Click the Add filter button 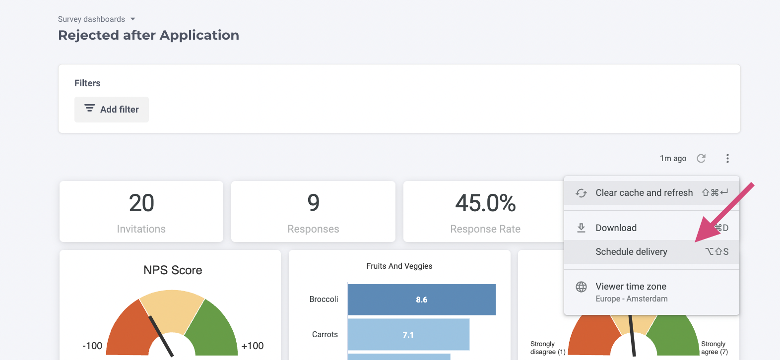pyautogui.click(x=112, y=110)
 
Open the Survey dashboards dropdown pyautogui.click(x=97, y=19)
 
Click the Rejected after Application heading pyautogui.click(x=148, y=35)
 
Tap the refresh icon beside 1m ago pyautogui.click(x=701, y=158)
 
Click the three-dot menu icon pyautogui.click(x=727, y=158)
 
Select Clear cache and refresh pyautogui.click(x=644, y=193)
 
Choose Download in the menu pyautogui.click(x=616, y=228)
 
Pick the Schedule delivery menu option pyautogui.click(x=631, y=252)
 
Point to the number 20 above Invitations pyautogui.click(x=141, y=203)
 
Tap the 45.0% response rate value pyautogui.click(x=485, y=203)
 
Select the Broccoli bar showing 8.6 pyautogui.click(x=421, y=300)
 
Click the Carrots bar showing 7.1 pyautogui.click(x=408, y=335)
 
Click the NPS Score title pyautogui.click(x=173, y=270)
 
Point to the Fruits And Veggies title pyautogui.click(x=399, y=266)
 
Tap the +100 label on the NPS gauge pyautogui.click(x=253, y=346)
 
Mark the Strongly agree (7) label pyautogui.click(x=714, y=348)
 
